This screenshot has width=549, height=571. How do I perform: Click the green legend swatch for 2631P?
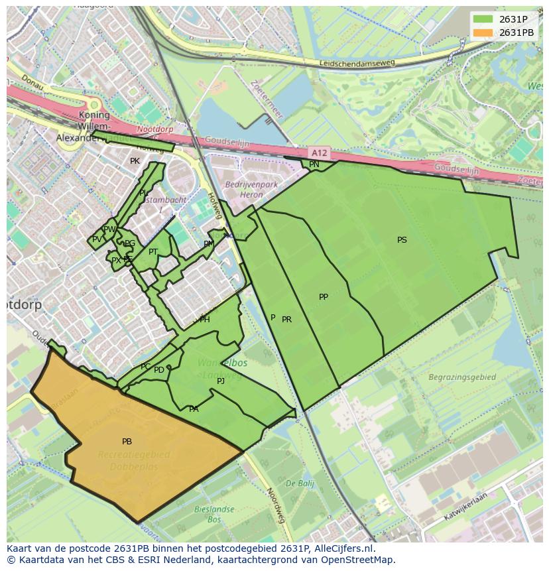[483, 19]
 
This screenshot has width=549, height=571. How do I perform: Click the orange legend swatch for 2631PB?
[483, 32]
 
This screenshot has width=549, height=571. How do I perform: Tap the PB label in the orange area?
[127, 442]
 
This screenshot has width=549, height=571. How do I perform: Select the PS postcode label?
[402, 240]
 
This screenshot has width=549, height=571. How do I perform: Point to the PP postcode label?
[323, 297]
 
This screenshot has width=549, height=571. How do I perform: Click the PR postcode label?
[286, 320]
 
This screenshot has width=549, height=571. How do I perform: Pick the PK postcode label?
[135, 161]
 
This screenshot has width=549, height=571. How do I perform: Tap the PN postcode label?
[314, 164]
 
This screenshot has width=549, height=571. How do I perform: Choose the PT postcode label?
[153, 252]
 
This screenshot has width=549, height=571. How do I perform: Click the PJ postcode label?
[221, 381]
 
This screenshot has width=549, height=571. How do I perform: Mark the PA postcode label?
[194, 409]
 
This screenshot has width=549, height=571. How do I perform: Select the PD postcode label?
[159, 370]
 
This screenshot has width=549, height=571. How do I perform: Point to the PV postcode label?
[97, 239]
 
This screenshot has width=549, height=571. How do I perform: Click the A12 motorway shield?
[319, 153]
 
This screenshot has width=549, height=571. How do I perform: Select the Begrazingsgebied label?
[462, 377]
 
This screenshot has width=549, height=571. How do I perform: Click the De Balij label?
[300, 483]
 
